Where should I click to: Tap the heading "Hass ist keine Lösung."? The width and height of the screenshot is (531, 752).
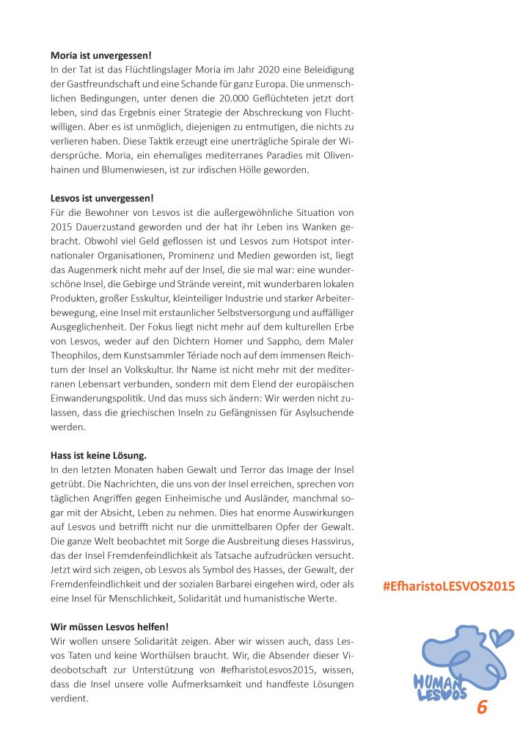[x=95, y=455]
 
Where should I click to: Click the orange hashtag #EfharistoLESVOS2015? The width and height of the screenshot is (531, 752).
[x=449, y=586]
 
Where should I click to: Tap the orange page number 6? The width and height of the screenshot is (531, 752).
[x=482, y=708]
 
